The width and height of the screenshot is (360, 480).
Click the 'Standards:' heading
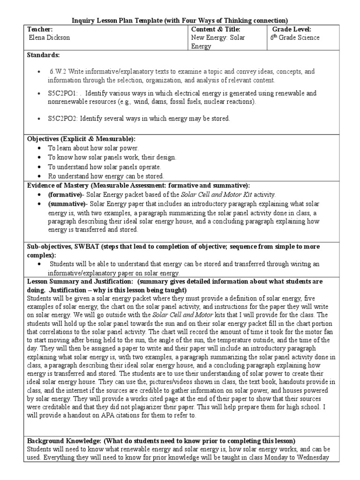[x=43, y=55]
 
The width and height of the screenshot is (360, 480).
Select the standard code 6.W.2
[x=57, y=72]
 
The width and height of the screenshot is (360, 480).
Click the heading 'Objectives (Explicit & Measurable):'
[x=81, y=139]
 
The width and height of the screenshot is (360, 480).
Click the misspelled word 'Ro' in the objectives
[x=52, y=176]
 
